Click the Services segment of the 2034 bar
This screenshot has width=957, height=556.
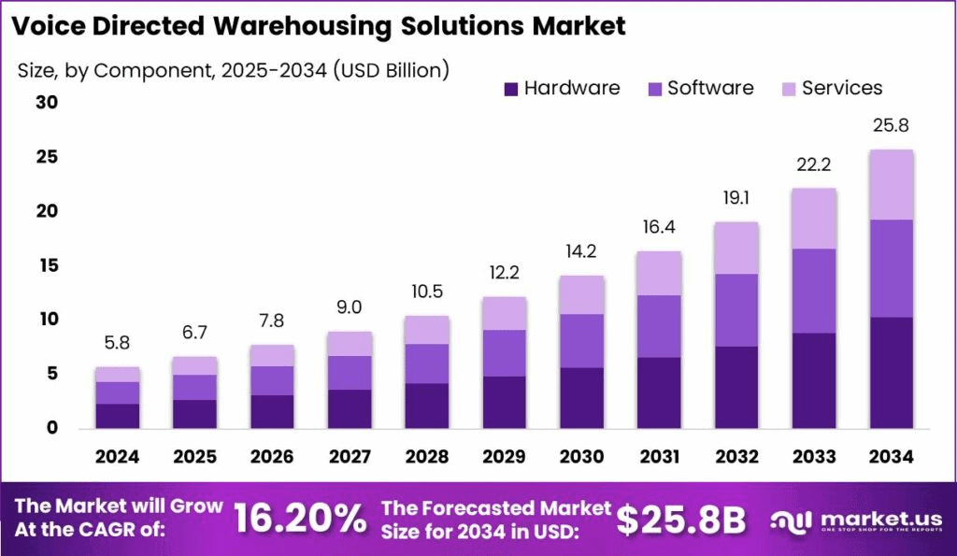(x=891, y=185)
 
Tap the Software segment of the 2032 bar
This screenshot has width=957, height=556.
(x=736, y=310)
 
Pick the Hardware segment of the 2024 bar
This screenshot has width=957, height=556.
(x=118, y=416)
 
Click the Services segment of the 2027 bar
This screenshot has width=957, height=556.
(x=350, y=344)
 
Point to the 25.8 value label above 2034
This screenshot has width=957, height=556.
(x=891, y=125)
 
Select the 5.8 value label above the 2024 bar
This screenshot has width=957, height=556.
(x=118, y=344)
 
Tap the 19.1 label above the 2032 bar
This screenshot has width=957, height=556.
(x=736, y=198)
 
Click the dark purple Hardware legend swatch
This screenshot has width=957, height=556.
(x=511, y=89)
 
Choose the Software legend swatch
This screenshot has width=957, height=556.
(x=654, y=89)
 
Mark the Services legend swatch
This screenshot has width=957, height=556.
(x=789, y=89)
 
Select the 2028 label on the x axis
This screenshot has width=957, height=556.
(x=427, y=457)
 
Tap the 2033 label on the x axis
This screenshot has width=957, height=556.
(x=814, y=457)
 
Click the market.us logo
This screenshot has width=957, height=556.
(x=852, y=520)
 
